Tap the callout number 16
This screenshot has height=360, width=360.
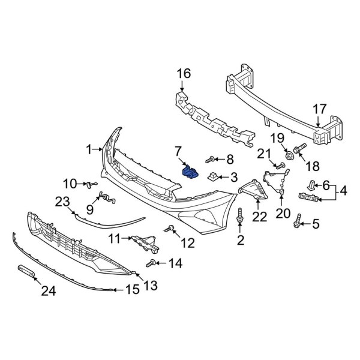[183, 74]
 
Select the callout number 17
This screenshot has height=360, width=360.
[319, 110]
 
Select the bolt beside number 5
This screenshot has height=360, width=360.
[296, 223]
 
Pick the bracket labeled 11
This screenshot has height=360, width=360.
[145, 241]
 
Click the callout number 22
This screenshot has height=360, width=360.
[259, 216]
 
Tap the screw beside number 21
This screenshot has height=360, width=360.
[279, 165]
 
